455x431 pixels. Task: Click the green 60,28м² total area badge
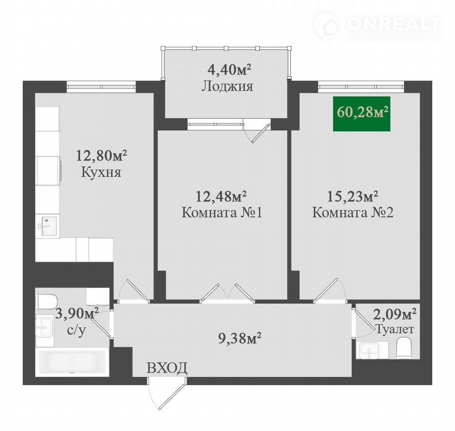click(362, 114)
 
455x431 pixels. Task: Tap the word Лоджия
click(227, 86)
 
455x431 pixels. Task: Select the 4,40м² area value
click(229, 70)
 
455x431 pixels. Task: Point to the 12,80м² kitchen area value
click(101, 155)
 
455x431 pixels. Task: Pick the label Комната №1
click(222, 213)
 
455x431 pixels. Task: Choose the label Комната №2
click(353, 213)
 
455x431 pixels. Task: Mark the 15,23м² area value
click(353, 197)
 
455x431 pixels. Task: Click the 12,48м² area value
click(222, 197)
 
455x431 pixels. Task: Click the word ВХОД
click(167, 368)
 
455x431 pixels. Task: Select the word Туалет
click(395, 329)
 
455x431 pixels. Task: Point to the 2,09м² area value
click(395, 314)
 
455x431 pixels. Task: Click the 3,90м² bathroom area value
click(77, 314)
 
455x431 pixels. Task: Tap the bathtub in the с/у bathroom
click(72, 361)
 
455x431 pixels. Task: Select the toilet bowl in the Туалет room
click(404, 347)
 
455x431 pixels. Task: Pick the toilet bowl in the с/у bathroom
click(47, 302)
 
